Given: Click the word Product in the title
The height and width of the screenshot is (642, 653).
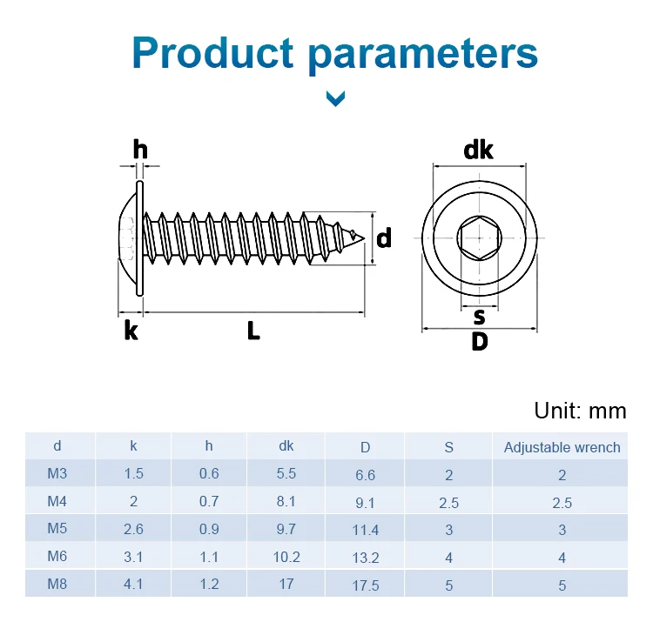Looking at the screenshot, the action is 212,53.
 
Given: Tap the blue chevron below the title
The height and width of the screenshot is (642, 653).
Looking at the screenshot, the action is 336,99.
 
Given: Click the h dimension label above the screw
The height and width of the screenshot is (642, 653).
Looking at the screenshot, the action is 140,150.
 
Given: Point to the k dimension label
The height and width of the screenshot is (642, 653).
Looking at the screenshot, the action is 131,331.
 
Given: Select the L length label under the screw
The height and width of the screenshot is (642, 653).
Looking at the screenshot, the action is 253,331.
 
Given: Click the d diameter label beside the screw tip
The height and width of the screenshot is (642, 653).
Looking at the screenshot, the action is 384,237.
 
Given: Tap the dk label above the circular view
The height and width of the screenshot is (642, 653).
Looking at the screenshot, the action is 478,150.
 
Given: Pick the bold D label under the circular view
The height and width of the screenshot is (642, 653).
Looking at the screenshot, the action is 480,342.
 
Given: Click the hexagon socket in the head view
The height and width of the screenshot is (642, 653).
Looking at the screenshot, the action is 480,238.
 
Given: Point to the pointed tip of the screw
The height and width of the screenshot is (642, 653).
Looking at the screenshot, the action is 364,238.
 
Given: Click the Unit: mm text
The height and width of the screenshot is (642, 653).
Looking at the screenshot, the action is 580,411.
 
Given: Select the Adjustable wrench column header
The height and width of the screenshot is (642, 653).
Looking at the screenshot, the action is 562,447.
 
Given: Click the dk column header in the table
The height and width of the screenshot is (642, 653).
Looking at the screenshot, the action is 286,446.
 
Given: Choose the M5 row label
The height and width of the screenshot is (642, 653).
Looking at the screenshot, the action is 57,528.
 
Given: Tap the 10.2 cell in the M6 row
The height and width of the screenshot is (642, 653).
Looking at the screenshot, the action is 286,557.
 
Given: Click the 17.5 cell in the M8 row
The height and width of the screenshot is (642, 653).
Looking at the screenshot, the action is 365,585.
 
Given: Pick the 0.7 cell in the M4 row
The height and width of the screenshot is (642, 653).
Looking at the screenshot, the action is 209,501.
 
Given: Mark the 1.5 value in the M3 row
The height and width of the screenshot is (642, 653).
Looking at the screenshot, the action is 133,473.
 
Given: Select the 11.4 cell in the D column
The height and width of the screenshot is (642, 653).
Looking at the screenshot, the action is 365,530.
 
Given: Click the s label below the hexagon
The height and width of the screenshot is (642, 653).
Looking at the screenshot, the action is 480,317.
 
